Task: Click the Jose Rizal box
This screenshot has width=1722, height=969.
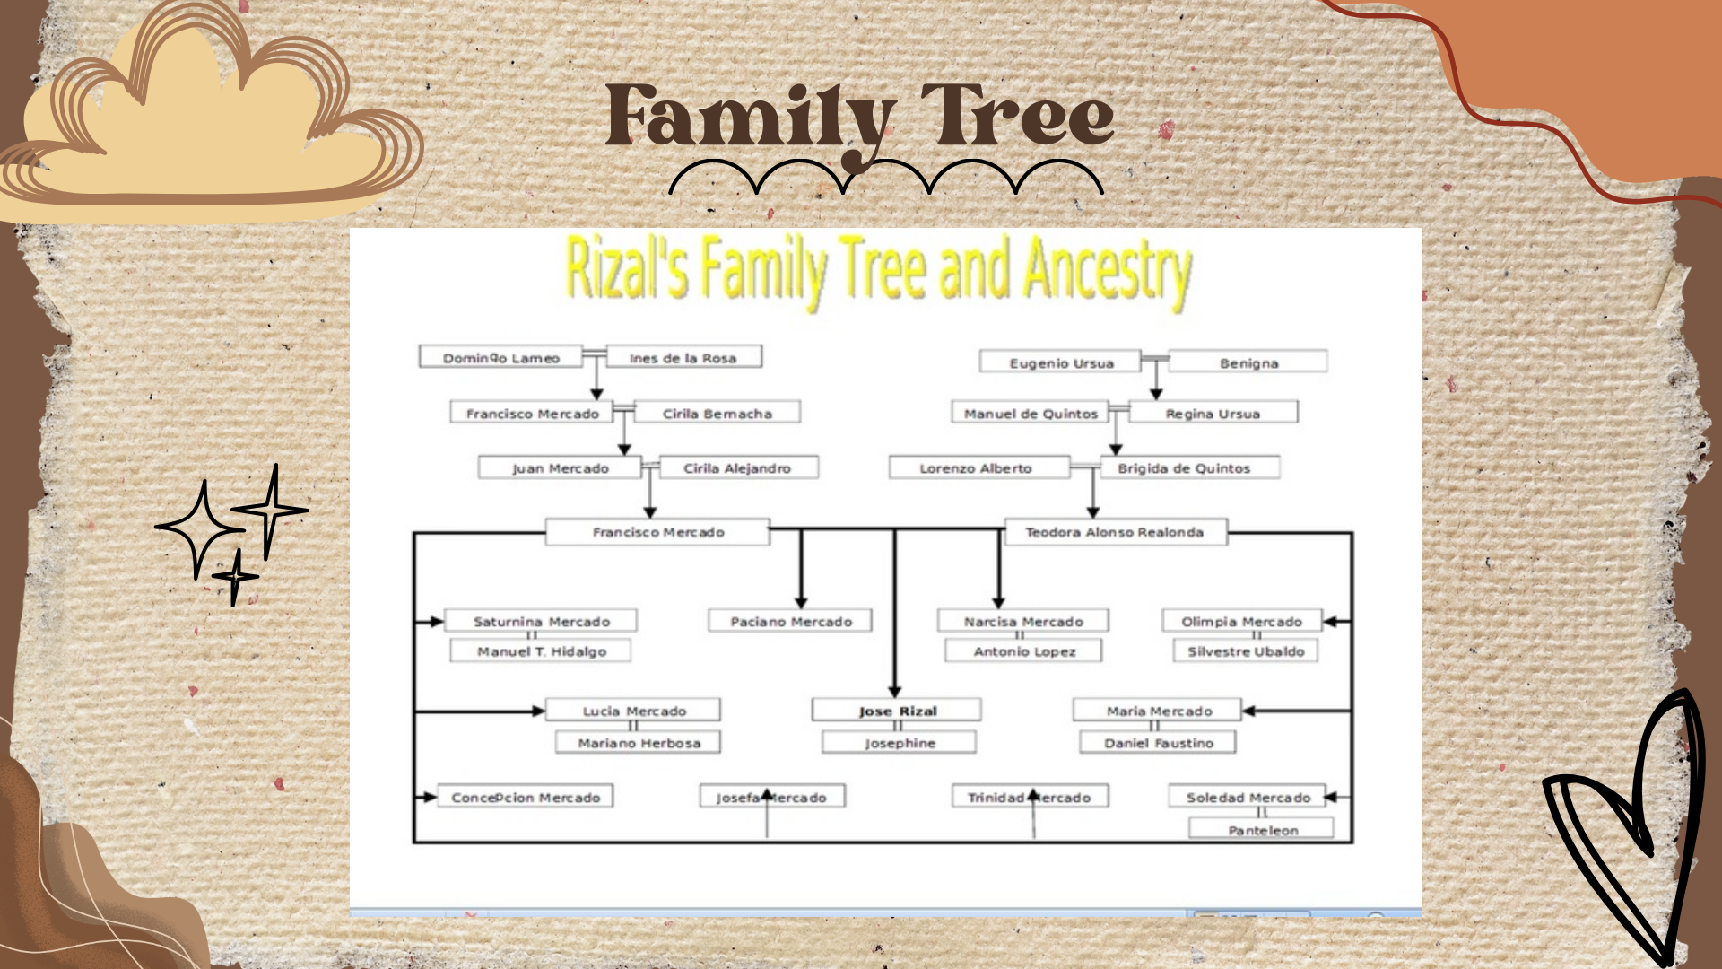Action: click(896, 711)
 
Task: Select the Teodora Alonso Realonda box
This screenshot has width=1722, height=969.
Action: click(1115, 532)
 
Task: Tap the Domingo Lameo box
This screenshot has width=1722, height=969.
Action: click(500, 357)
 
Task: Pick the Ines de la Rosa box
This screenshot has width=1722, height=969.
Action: click(683, 357)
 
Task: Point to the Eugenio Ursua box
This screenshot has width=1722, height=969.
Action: click(1060, 362)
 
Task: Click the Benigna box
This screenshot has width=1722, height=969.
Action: click(1248, 362)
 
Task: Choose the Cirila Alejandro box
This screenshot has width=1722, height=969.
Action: click(737, 467)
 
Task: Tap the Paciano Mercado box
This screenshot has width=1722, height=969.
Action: click(790, 621)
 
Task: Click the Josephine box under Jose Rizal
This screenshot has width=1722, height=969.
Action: click(900, 743)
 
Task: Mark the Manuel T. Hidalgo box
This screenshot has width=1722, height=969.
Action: click(541, 651)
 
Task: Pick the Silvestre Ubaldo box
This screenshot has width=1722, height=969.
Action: click(1245, 651)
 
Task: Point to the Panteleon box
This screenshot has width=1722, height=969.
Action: click(1262, 829)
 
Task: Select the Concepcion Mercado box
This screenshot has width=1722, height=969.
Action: click(526, 797)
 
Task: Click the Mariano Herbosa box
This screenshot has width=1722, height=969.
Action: click(638, 743)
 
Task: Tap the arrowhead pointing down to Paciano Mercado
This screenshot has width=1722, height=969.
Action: click(801, 602)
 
